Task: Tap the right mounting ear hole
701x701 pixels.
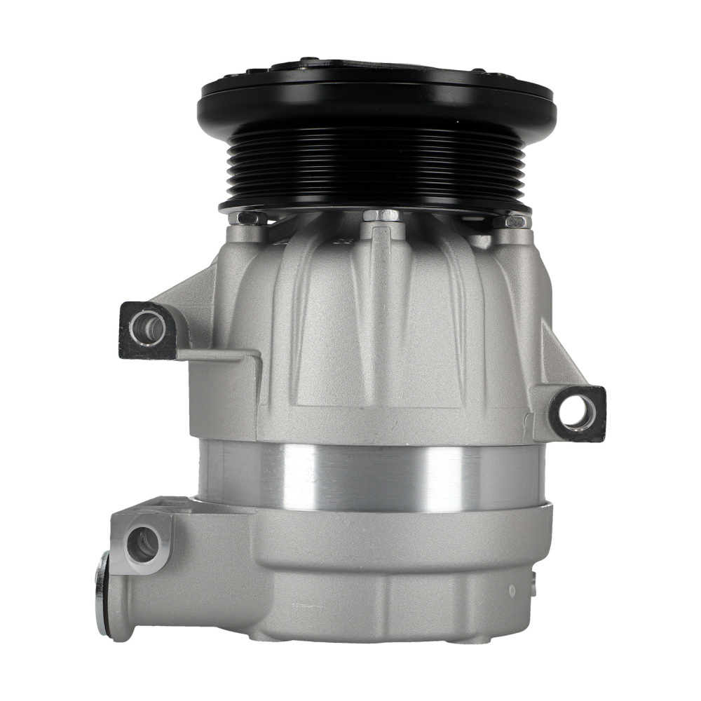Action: [x=574, y=413]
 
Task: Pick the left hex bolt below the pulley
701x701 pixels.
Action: [x=247, y=218]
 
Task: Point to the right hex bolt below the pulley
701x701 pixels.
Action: [x=516, y=222]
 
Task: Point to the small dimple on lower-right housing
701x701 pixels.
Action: [x=512, y=590]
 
